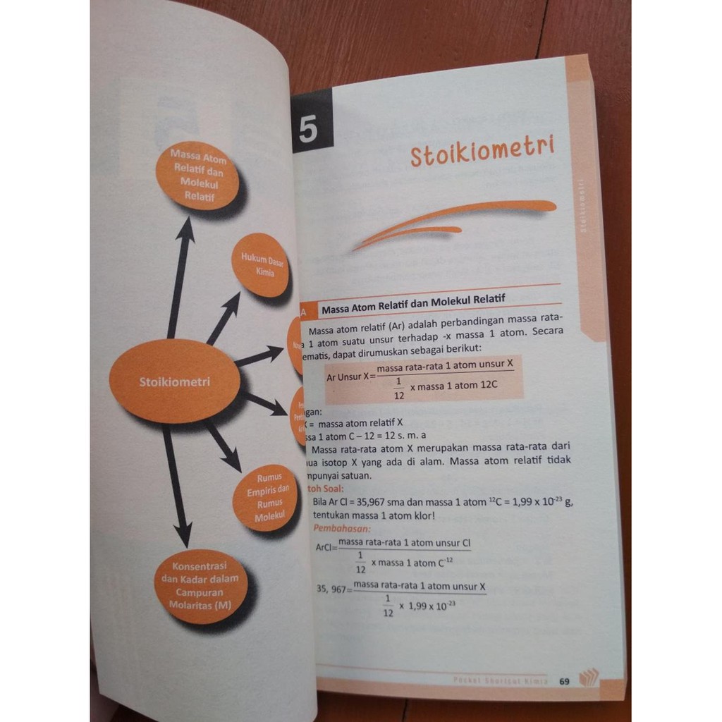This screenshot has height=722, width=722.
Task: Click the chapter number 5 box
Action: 308,132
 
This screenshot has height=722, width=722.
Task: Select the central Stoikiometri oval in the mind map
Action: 175,381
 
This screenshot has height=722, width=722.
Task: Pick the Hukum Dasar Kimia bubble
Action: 262,265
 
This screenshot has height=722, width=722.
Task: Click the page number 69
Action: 564,681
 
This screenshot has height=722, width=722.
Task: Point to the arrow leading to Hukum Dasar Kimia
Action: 224,317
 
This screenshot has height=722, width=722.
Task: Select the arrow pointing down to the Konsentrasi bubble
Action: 176,487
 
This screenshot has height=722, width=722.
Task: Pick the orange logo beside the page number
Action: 587,678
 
